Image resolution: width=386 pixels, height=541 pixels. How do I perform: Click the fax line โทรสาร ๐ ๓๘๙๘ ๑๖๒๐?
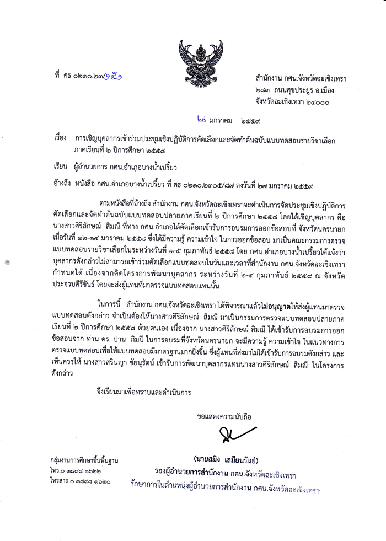[79, 481]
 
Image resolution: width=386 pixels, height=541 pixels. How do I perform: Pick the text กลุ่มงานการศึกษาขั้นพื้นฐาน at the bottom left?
[84, 459]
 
